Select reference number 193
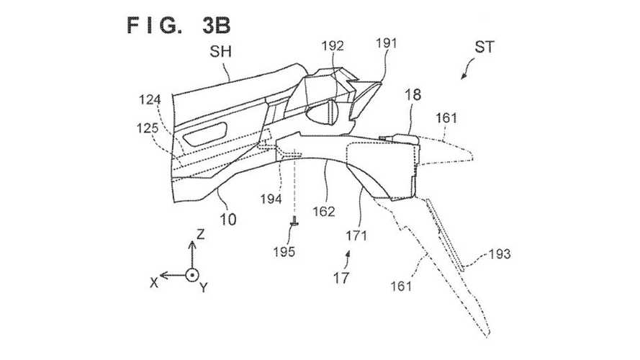tap(499, 253)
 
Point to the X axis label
tap(154, 282)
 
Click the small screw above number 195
tap(294, 226)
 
